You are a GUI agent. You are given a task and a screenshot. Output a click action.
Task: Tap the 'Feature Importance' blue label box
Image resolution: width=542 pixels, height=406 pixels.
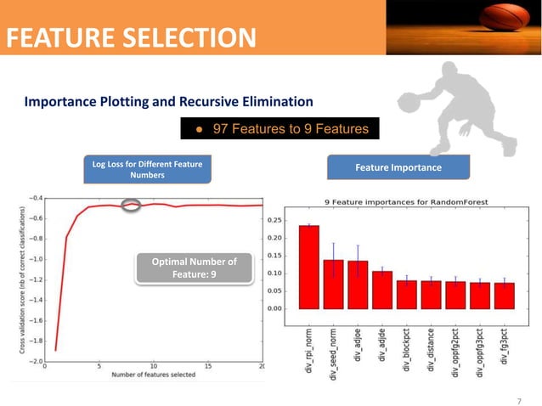pos(398,167)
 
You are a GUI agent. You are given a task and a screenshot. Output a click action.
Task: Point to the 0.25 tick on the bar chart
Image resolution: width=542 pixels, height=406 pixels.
pos(275,220)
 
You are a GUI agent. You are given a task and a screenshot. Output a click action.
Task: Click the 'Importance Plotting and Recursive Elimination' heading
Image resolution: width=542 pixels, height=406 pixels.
pos(169,102)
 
